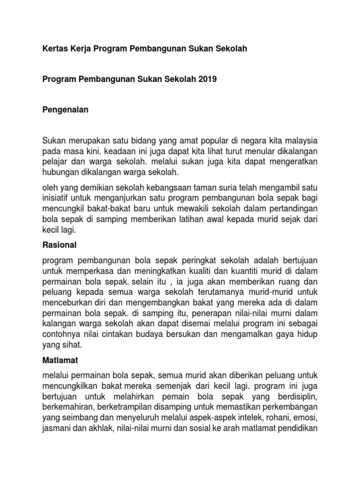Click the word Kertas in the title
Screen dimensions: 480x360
(x=54, y=49)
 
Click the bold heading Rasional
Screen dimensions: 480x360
(x=59, y=245)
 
